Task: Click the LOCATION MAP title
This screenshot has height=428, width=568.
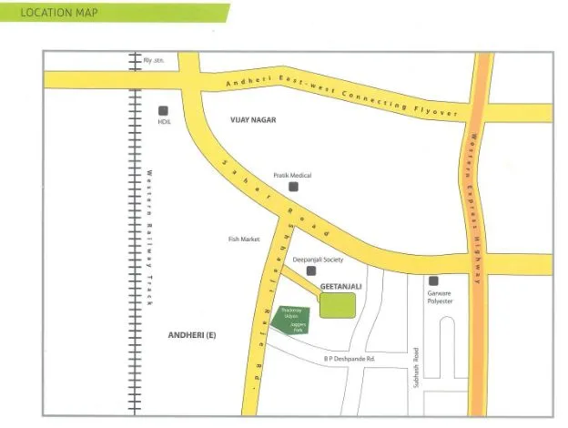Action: point(58,14)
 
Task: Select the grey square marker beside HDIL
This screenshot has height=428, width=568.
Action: point(164,107)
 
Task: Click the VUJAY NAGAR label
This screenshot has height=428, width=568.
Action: point(252,120)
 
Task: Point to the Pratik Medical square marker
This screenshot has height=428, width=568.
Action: point(293,187)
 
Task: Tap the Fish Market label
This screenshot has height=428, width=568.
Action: point(244,239)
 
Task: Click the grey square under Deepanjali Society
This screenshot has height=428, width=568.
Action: point(310,270)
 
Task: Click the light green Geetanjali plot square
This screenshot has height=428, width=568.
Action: point(337,306)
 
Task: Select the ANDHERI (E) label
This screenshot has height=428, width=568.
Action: point(192,336)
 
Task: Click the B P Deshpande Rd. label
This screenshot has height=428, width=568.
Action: point(349,360)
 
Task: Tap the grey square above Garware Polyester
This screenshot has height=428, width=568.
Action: point(433,280)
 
